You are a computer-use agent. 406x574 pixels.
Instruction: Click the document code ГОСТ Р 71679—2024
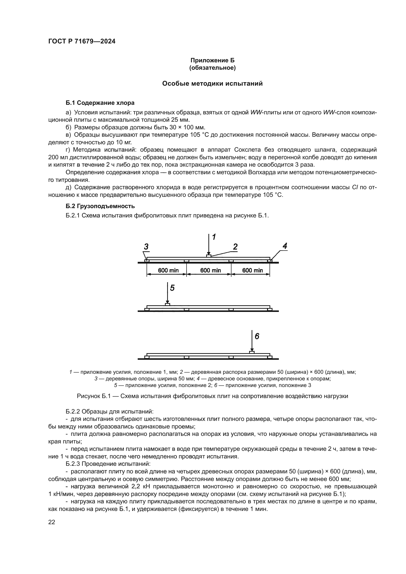(x=82, y=41)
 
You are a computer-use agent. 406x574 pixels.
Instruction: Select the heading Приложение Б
(x=212, y=60)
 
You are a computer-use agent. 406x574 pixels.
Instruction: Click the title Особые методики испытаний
(x=212, y=83)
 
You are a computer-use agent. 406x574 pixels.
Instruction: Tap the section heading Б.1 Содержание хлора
(x=100, y=103)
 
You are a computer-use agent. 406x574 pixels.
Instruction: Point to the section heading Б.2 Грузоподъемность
(x=100, y=206)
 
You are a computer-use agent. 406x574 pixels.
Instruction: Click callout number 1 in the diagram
(x=214, y=237)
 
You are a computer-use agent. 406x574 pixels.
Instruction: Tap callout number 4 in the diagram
(x=285, y=246)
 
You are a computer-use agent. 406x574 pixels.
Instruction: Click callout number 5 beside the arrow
(x=172, y=288)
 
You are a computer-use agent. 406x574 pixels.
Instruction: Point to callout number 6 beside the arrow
(x=257, y=336)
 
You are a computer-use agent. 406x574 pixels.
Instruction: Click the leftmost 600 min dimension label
(x=168, y=270)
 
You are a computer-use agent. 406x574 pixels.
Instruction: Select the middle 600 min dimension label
(x=211, y=270)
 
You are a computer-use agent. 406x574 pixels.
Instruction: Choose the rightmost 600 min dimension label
(x=253, y=270)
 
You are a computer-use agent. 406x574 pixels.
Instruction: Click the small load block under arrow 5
(x=167, y=304)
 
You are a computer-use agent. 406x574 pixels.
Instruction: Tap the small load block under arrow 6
(x=252, y=352)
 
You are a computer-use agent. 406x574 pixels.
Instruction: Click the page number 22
(x=52, y=522)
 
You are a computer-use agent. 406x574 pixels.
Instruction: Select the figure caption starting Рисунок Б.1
(x=212, y=396)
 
